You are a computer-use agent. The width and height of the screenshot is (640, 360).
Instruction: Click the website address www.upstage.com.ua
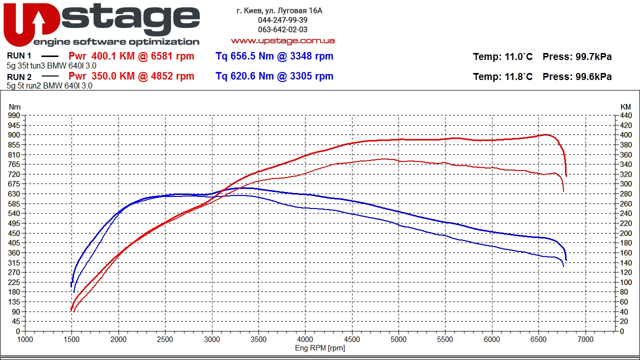click(x=282, y=40)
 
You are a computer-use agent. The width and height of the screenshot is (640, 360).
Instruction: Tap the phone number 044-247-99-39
click(x=282, y=20)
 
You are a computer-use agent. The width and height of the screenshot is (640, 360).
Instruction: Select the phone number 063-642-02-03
click(x=282, y=29)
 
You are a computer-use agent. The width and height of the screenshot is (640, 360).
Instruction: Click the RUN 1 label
click(x=19, y=56)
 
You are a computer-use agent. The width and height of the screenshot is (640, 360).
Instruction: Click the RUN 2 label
click(x=19, y=77)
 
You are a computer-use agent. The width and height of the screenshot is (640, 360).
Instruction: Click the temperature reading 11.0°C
click(x=518, y=57)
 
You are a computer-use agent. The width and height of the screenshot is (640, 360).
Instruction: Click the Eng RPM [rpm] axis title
click(x=320, y=348)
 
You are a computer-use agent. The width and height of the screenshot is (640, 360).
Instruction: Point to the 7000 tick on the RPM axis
click(x=585, y=339)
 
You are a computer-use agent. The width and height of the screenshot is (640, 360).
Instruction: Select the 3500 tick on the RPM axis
click(x=258, y=339)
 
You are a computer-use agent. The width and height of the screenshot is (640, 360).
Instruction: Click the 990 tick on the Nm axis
click(x=14, y=115)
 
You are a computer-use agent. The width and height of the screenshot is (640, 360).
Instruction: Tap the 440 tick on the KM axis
click(x=626, y=115)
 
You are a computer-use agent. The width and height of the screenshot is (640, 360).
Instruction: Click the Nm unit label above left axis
click(x=14, y=106)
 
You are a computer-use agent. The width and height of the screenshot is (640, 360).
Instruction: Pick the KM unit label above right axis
click(x=625, y=106)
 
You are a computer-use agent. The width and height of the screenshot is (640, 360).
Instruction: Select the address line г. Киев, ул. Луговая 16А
click(x=279, y=10)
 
